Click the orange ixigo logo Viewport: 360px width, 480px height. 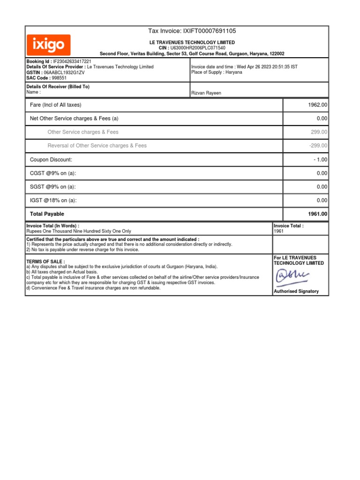(49, 45)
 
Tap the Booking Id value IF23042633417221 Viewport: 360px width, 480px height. (72, 61)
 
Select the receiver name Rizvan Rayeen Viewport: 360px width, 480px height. (206, 93)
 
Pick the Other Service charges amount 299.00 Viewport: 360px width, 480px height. (319, 133)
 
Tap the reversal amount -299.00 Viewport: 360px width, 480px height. (318, 146)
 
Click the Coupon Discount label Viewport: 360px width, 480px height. (51, 160)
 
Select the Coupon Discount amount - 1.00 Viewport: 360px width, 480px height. (321, 160)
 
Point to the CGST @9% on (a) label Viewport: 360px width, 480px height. (53, 173)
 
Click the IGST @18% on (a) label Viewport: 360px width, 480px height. (53, 201)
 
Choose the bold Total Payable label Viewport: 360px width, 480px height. (47, 214)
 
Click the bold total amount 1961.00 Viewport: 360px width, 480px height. (318, 214)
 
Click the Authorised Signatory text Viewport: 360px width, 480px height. (296, 291)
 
